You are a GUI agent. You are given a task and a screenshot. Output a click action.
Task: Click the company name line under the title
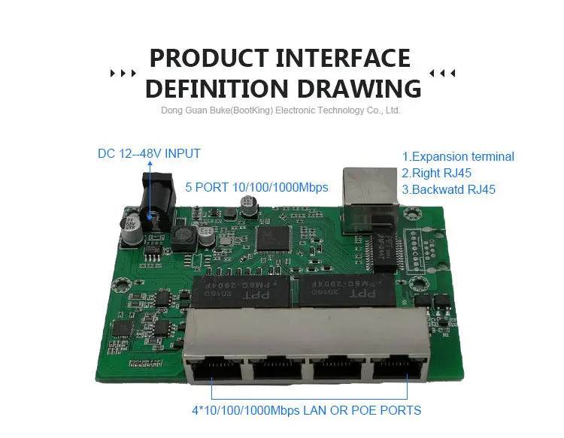280,110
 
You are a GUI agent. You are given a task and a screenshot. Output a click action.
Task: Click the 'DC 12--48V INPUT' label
149,153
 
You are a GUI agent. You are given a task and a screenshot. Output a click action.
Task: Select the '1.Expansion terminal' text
458,157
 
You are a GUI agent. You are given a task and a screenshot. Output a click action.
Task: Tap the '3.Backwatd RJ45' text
448,190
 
